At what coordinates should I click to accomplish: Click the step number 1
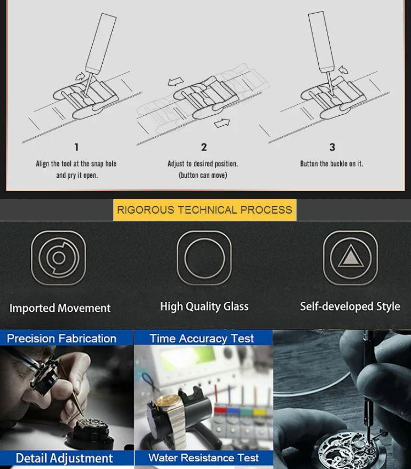click(x=76, y=147)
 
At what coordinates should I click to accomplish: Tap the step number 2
click(x=204, y=147)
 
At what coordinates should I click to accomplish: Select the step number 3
click(x=332, y=147)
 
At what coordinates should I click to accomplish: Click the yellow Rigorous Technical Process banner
click(x=205, y=210)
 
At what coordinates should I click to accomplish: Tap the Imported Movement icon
click(x=58, y=258)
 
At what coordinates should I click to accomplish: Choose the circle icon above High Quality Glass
click(x=204, y=258)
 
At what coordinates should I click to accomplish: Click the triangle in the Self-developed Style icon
click(x=351, y=256)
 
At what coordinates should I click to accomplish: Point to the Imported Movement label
click(x=60, y=308)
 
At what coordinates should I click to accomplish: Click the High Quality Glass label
click(x=204, y=306)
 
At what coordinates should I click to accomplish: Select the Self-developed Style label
click(x=350, y=306)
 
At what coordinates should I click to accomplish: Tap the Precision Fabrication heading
click(x=62, y=338)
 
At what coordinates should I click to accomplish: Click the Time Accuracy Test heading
click(x=202, y=338)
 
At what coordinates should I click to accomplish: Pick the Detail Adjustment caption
click(x=64, y=458)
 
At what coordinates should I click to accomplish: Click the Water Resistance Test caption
click(x=203, y=457)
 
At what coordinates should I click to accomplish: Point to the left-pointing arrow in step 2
click(x=176, y=82)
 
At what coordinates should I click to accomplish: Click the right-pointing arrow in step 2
click(x=222, y=123)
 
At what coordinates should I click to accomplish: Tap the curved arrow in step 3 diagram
click(x=343, y=69)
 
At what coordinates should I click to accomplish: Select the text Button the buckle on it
click(x=332, y=164)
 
